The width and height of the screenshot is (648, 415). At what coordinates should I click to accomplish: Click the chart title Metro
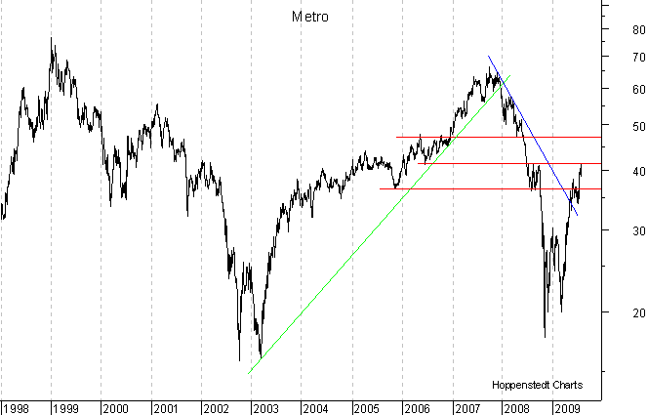(310, 17)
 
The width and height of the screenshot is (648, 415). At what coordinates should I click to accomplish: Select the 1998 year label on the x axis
(17, 407)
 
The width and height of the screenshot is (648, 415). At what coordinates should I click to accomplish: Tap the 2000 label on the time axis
(114, 407)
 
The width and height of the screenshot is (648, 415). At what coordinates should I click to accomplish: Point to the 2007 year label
(466, 407)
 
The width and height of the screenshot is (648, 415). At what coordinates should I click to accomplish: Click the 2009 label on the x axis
(567, 407)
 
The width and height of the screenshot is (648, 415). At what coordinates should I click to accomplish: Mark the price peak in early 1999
(52, 38)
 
